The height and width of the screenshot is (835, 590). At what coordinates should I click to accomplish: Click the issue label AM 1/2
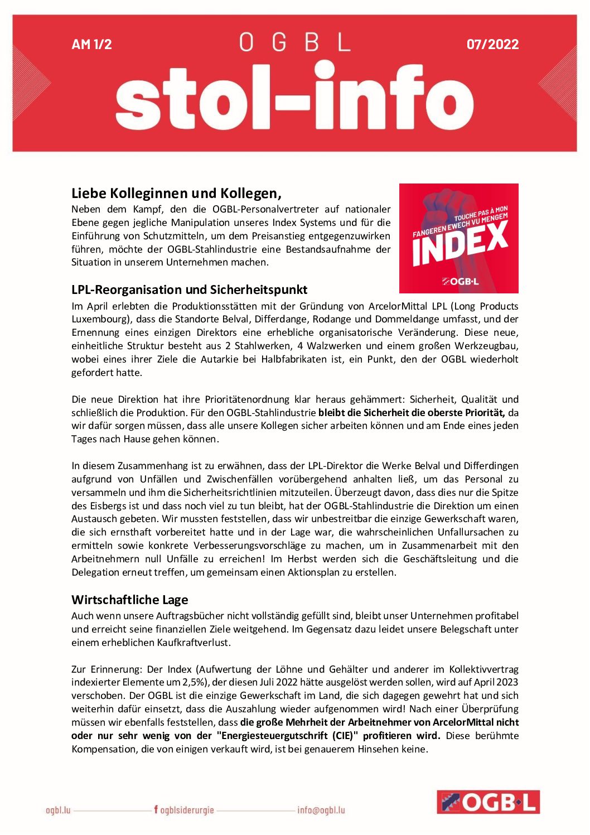pyautogui.click(x=91, y=44)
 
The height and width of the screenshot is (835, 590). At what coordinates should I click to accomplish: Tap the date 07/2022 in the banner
pyautogui.click(x=492, y=44)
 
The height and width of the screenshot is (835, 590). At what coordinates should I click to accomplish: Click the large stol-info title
pyautogui.click(x=294, y=98)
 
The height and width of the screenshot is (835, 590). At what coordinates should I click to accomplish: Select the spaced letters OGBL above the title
pyautogui.click(x=294, y=42)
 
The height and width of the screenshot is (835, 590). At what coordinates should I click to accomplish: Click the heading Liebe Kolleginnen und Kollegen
pyautogui.click(x=176, y=194)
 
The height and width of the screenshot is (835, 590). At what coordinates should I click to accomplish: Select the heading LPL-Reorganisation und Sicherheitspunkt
pyautogui.click(x=189, y=289)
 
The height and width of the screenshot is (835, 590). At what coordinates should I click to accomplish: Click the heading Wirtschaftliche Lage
pyautogui.click(x=129, y=600)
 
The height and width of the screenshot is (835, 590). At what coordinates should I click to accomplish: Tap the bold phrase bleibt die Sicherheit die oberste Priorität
pyautogui.click(x=412, y=413)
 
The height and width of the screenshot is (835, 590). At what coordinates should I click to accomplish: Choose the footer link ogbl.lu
pyautogui.click(x=58, y=810)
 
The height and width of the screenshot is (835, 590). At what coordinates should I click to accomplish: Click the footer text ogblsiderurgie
pyautogui.click(x=187, y=810)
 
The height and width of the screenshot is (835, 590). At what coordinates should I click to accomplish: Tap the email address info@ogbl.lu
pyautogui.click(x=321, y=810)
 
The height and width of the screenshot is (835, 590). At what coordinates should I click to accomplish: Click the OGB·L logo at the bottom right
pyautogui.click(x=488, y=802)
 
